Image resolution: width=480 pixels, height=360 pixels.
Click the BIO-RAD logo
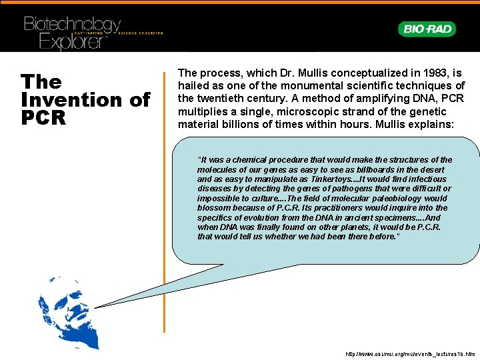427,29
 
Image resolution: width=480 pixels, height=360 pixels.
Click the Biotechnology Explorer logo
73,32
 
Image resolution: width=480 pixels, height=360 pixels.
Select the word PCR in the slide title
43,118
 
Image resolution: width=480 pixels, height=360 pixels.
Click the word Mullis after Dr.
293,73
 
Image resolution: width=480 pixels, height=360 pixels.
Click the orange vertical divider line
164,200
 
